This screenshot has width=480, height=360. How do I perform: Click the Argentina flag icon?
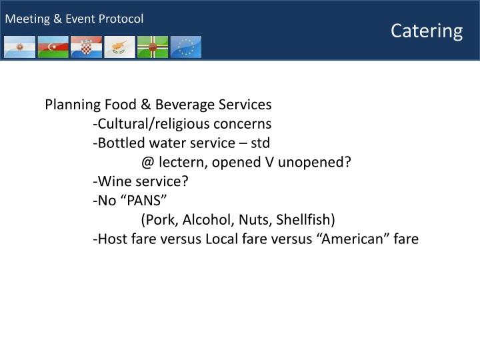[19, 47]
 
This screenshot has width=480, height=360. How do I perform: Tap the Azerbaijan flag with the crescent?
[53, 47]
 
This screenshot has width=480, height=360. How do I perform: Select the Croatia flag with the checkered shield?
[86, 47]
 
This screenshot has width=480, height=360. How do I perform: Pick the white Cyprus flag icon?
[119, 47]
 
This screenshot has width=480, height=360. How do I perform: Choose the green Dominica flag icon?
[153, 47]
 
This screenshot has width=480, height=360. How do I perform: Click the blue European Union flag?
[186, 47]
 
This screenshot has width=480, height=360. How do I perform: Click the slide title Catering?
[427, 31]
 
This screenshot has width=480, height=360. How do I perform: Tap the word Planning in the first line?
[72, 105]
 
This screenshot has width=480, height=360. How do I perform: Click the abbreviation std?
[260, 143]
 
